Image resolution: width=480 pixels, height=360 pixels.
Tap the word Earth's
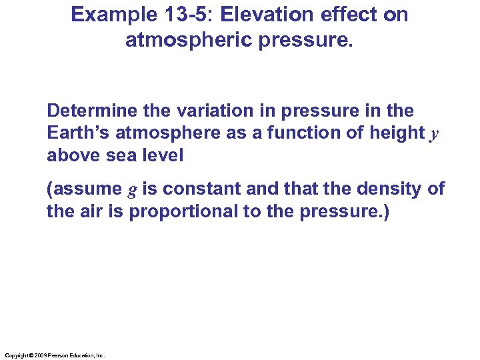[x=79, y=133]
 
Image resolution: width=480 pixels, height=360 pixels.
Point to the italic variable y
[x=434, y=135]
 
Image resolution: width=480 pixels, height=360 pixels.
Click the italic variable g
[x=132, y=191]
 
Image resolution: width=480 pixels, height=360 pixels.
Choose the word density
[x=381, y=189]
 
